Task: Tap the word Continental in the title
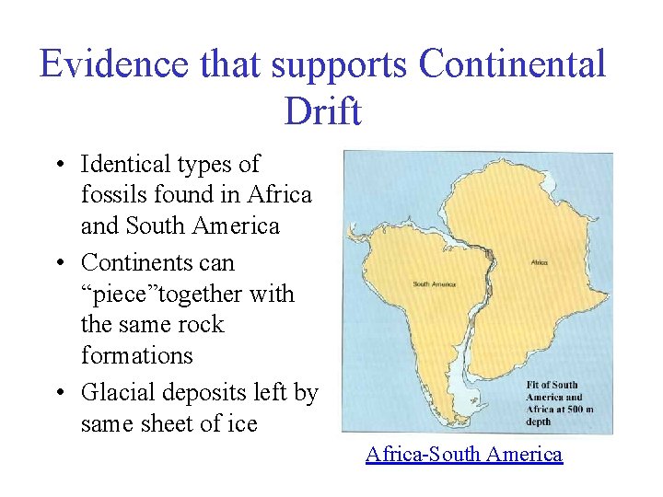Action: pos(512,64)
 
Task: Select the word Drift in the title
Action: pos(323,111)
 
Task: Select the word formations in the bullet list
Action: pos(137,355)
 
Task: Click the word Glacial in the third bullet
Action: pos(120,393)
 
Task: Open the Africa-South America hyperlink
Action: pos(463,454)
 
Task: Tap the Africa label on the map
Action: pos(539,262)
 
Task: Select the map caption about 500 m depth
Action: pos(566,404)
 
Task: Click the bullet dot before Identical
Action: pos(58,166)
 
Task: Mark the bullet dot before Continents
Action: pos(58,264)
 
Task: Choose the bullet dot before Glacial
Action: pos(58,394)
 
